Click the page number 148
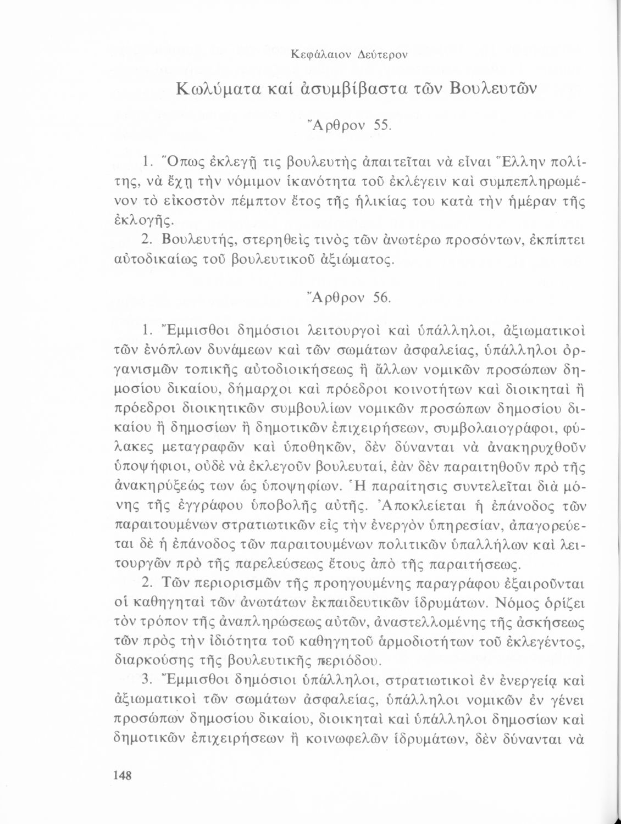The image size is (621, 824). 122,775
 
